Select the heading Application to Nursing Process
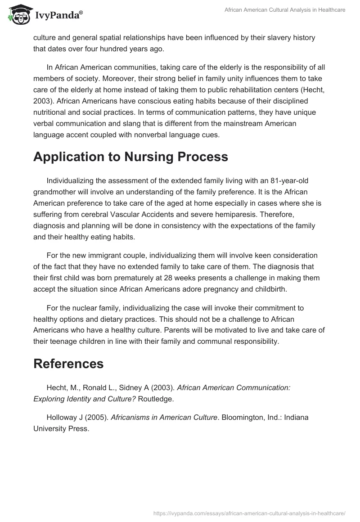(130, 157)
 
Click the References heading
(68, 364)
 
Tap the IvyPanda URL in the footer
(249, 512)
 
